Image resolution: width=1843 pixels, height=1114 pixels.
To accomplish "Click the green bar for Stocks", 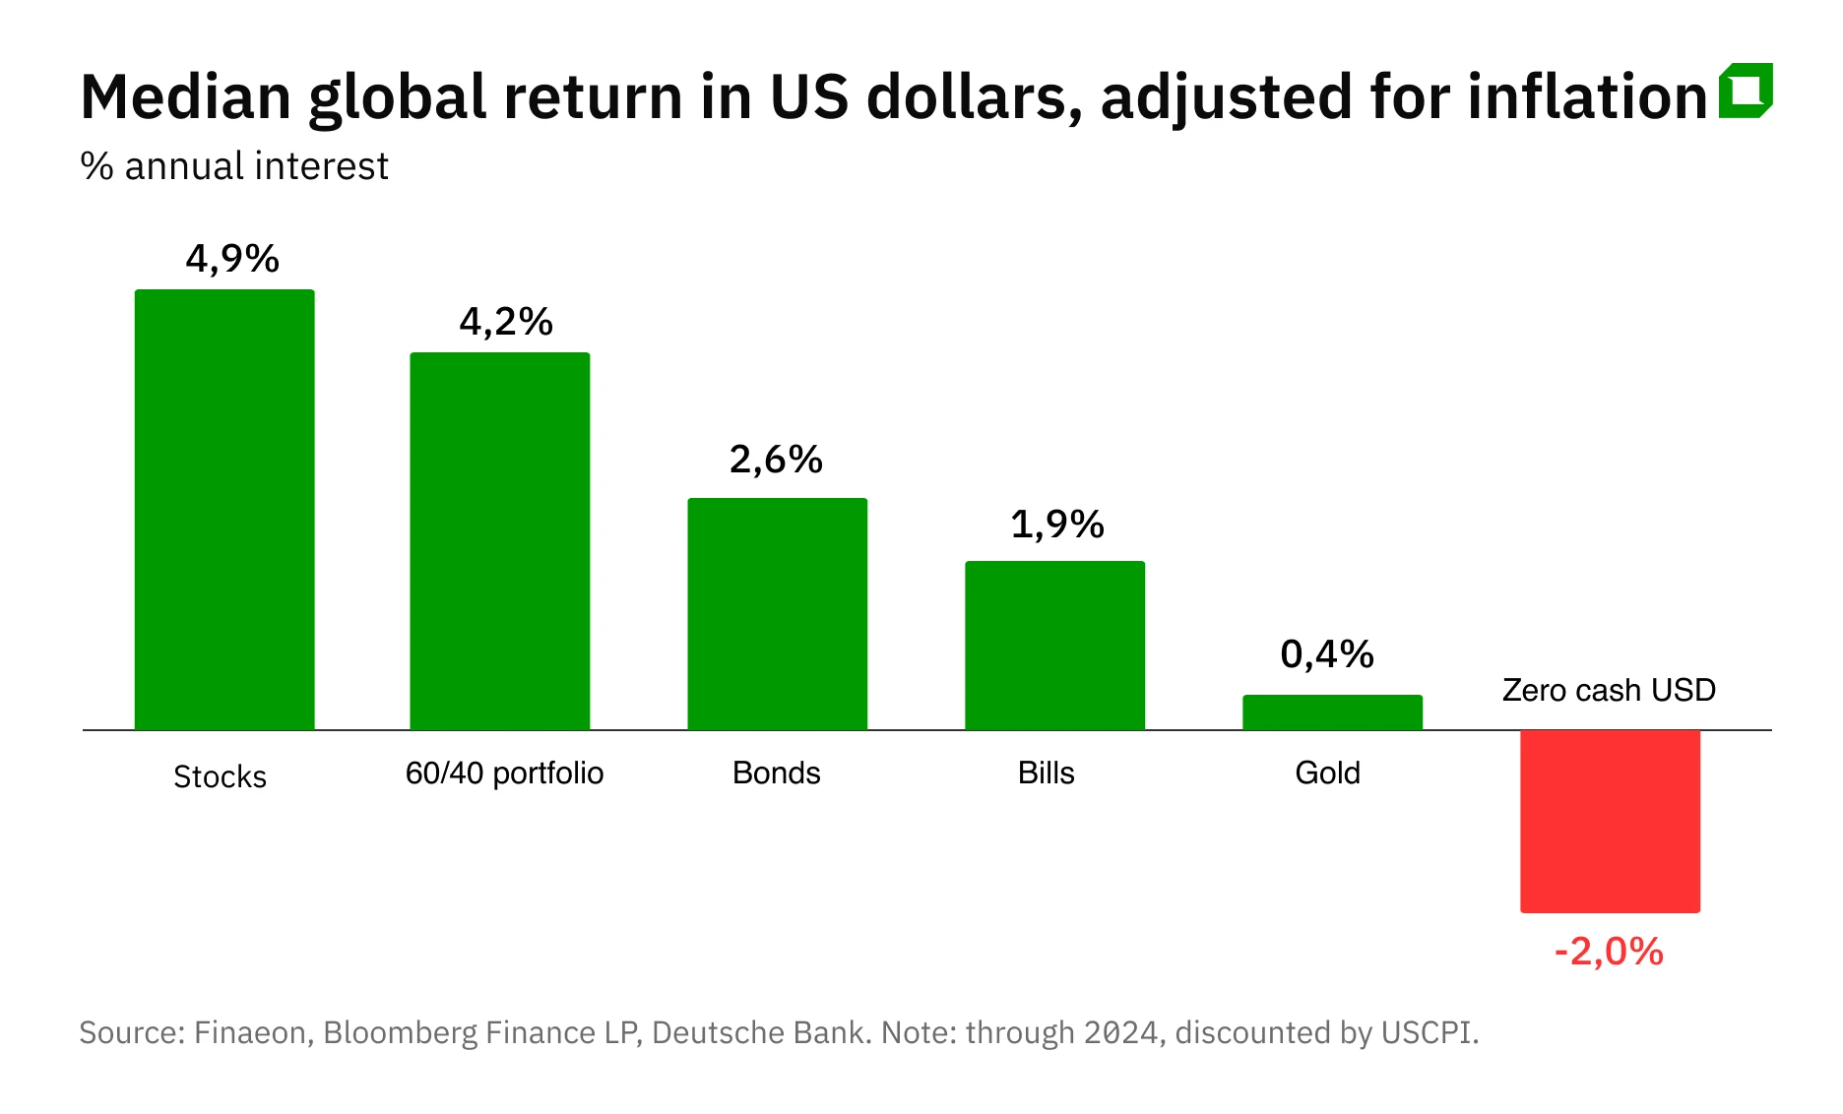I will pos(224,510).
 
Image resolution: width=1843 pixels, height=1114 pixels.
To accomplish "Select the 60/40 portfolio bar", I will pos(500,541).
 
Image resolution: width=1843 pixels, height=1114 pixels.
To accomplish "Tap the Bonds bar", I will pos(777,614).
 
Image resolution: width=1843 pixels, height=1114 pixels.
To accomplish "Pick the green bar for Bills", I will pos(1054,646).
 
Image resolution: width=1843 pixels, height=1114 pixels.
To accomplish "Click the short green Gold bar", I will pos(1332,712).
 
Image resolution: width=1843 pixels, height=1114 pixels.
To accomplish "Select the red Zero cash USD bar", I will pos(1610,821).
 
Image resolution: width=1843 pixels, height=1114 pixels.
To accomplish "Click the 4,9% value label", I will pos(232,259).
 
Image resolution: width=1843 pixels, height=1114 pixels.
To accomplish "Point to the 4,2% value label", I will pos(506,322).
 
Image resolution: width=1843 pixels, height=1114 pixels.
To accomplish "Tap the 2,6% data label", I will pos(776,460).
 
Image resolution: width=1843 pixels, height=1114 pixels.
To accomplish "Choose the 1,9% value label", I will pos(1057,525).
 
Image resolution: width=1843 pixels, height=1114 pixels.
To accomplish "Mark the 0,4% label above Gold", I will pos(1327,654).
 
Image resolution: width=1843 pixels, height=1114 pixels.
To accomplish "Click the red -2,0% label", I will pos(1609,952).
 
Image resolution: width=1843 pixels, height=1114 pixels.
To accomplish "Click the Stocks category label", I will pos(220,776).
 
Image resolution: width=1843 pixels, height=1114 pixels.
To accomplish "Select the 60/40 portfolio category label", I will pos(504,773).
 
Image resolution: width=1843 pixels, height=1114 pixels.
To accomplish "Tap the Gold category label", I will pos(1327,773).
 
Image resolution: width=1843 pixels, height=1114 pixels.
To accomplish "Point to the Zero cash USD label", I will pos(1609,690).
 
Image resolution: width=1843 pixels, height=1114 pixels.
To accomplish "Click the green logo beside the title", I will pos(1746,91).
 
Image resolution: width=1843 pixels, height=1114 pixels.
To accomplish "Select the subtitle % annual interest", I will pos(234,165).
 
